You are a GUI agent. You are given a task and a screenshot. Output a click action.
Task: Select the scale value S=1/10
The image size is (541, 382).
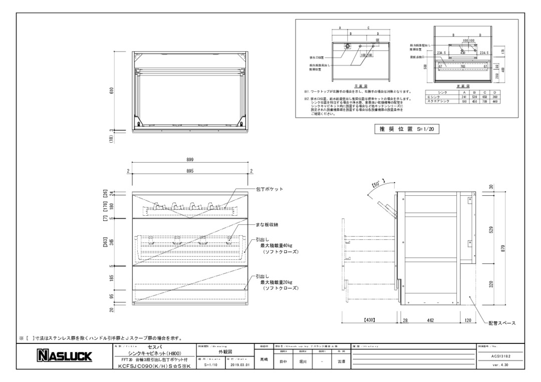tap(211, 365)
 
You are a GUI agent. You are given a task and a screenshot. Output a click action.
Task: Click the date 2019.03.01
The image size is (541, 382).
tap(239, 365)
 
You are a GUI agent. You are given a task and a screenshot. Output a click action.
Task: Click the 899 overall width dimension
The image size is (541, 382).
tap(190, 159)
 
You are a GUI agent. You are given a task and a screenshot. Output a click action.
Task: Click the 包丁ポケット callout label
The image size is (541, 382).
tap(270, 189)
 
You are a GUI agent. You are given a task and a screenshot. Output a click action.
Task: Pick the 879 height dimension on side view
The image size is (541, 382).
tap(502, 248)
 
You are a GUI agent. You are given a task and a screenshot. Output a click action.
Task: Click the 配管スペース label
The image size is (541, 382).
tap(502, 323)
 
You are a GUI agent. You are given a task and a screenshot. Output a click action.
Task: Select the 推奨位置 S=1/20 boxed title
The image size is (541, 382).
tap(406, 129)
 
